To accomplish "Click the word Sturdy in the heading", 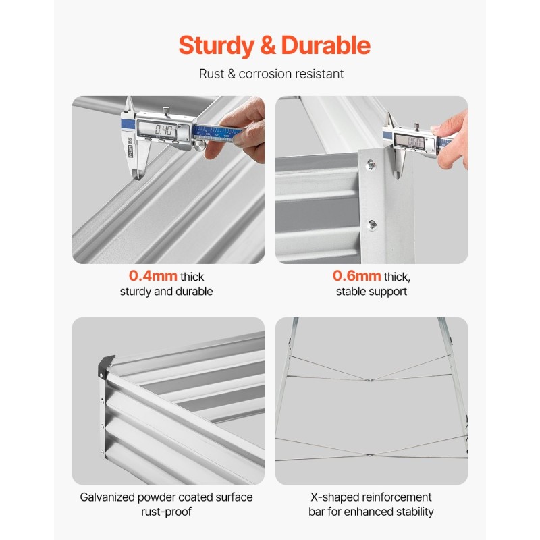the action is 216,46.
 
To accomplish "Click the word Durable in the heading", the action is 325,45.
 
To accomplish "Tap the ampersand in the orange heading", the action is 267,45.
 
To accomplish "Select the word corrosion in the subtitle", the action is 265,74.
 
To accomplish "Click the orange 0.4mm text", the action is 153,276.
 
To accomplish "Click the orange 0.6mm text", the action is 357,276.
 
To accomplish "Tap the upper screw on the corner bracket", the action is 371,165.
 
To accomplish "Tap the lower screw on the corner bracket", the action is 373,225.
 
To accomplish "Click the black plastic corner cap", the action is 105,366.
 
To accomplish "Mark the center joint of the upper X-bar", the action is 370,380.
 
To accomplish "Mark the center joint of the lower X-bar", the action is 369,455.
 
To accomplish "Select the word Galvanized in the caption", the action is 107,497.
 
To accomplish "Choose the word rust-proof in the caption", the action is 166,512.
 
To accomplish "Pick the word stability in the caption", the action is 414,512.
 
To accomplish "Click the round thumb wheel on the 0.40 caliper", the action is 199,145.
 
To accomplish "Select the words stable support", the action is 372,292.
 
